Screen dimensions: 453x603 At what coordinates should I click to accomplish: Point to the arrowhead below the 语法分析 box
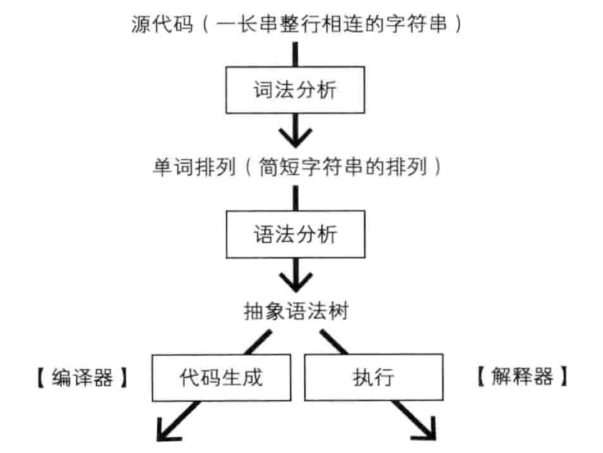coord(295,277)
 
